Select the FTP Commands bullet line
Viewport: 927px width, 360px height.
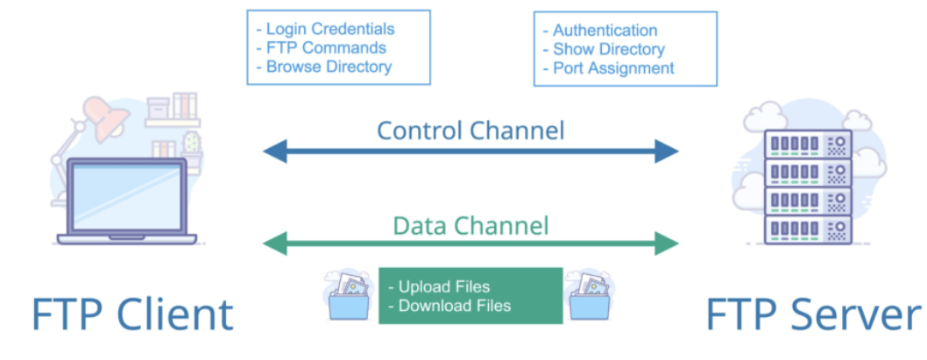click(x=322, y=48)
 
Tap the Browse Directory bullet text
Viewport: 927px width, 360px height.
click(x=324, y=67)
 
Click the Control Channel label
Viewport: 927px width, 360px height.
click(x=471, y=131)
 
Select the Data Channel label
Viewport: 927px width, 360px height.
click(x=471, y=226)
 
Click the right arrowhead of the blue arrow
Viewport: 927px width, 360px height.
click(x=669, y=152)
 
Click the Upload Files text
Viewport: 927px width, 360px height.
click(x=443, y=287)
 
